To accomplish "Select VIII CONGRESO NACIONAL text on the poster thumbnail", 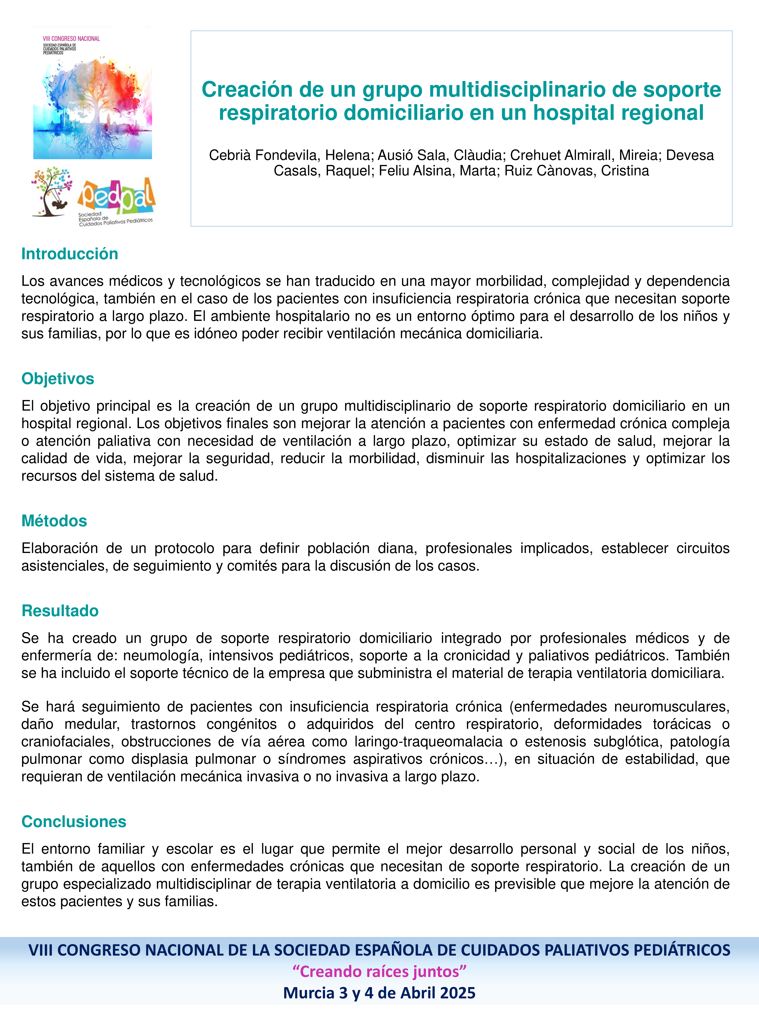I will coord(71,39).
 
